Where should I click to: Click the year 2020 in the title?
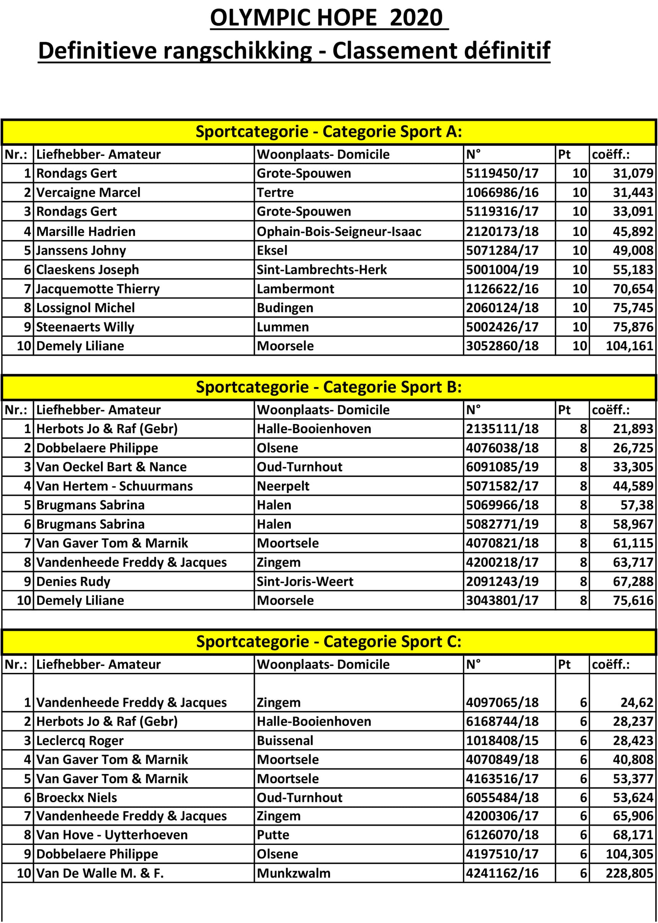[416, 18]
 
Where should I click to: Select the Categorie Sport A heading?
[329, 132]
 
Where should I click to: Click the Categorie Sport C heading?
[329, 642]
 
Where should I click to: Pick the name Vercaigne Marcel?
[88, 193]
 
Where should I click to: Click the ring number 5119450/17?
[502, 173]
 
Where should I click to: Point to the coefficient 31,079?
[632, 173]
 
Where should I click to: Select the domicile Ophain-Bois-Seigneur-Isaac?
[339, 232]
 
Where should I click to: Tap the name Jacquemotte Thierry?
[98, 289]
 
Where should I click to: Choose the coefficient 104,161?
[629, 346]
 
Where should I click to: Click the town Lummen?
[282, 327]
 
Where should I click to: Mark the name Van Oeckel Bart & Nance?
[111, 467]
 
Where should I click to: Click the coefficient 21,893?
[632, 429]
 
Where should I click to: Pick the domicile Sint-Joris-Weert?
[305, 581]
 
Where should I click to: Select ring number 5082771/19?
[502, 524]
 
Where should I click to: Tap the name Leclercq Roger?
[80, 741]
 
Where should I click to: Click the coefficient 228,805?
[629, 873]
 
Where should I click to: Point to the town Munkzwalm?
[293, 873]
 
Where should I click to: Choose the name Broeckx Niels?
[77, 798]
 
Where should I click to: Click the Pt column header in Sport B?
[564, 410]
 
